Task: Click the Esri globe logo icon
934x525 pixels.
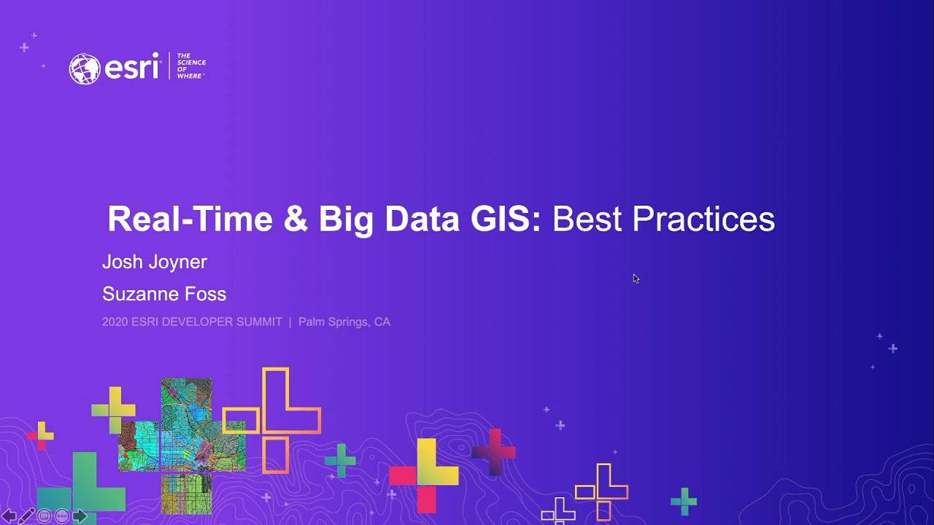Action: point(84,69)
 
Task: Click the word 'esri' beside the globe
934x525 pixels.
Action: point(132,68)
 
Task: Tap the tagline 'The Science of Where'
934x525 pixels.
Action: point(190,66)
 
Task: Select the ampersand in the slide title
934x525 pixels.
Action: point(296,219)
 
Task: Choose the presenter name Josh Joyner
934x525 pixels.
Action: point(155,262)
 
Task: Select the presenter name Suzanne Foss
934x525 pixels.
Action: point(164,294)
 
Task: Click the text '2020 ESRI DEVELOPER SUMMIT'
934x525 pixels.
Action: point(192,322)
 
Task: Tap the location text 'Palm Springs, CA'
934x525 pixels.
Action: point(344,322)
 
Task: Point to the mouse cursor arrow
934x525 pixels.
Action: point(636,279)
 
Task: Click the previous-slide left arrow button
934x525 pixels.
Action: point(9,516)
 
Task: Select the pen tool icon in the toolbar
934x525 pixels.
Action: point(26,516)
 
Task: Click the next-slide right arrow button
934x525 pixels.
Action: point(80,516)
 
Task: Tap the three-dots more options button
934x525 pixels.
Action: point(62,516)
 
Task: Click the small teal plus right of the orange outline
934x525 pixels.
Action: point(340,460)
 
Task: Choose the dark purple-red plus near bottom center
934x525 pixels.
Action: point(494,452)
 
